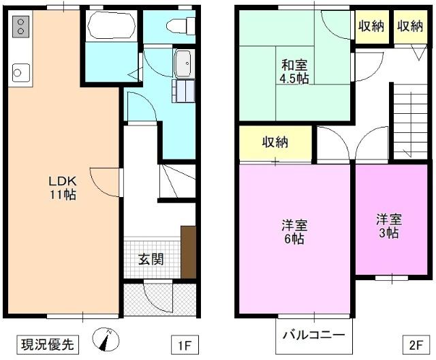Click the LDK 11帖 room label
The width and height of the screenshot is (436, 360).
point(62,187)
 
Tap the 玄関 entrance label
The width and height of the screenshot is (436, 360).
point(150,259)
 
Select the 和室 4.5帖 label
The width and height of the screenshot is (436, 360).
point(294,72)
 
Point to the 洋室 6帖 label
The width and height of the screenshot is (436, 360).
point(294,232)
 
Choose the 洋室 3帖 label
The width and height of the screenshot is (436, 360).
point(389,226)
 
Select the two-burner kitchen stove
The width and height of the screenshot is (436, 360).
point(20,28)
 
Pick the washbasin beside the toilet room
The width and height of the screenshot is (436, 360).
point(183,65)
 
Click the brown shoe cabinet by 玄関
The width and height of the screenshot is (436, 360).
point(188,251)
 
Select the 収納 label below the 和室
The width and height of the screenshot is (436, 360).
point(275,142)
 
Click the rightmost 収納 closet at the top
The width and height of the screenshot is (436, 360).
point(410,27)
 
